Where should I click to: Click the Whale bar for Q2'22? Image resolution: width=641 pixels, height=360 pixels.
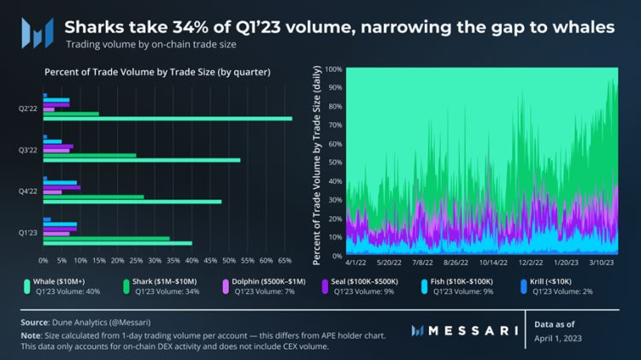pos(168,119)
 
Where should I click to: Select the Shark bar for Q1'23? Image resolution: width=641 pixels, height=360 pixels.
pos(106,239)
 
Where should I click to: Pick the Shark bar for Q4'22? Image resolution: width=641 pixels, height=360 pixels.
pos(93,197)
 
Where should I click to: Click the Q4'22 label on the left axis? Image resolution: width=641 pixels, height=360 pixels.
pos(28,191)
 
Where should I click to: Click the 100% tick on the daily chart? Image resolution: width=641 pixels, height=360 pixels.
pos(332,68)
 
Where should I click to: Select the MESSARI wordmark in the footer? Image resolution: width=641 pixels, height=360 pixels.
pos(469,330)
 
